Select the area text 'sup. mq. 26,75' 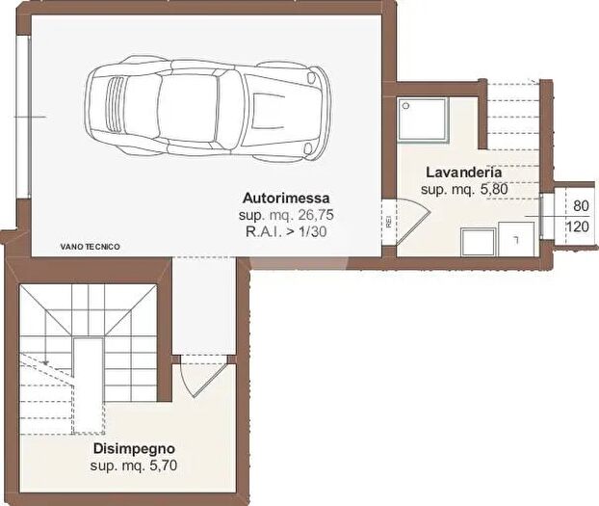coord(286,214)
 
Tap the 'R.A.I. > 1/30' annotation coord(286,231)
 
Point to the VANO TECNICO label coord(90,247)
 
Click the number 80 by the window coord(581,206)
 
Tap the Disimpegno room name coord(134,449)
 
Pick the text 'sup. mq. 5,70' coord(134,466)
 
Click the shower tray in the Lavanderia coord(425,120)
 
